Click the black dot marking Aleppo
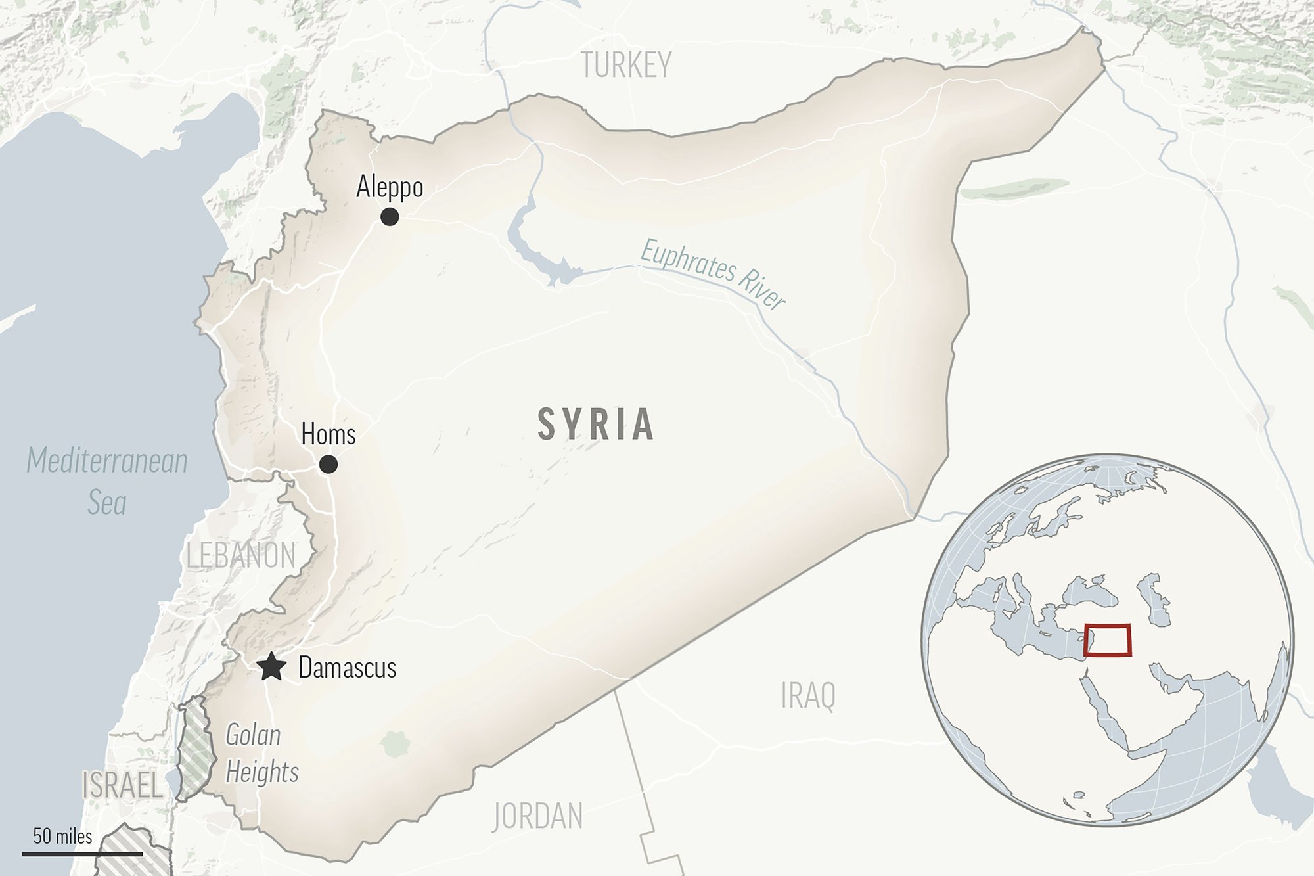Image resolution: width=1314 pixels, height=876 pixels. pyautogui.click(x=390, y=216)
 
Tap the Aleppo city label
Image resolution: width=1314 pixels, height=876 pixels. pyautogui.click(x=390, y=187)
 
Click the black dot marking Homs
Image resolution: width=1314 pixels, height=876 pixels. pyautogui.click(x=328, y=465)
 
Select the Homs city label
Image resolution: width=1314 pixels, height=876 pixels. pyautogui.click(x=328, y=434)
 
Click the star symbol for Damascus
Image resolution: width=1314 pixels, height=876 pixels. pyautogui.click(x=271, y=667)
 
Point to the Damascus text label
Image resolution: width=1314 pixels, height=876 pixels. pyautogui.click(x=348, y=668)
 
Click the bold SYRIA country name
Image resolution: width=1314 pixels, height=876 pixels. pyautogui.click(x=596, y=424)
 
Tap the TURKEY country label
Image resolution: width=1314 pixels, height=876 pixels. pyautogui.click(x=626, y=65)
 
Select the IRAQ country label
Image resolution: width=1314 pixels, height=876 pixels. pyautogui.click(x=808, y=696)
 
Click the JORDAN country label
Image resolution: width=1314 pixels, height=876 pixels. pyautogui.click(x=537, y=816)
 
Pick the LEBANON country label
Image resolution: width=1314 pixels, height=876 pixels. pyautogui.click(x=241, y=556)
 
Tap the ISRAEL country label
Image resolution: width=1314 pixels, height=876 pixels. pyautogui.click(x=122, y=785)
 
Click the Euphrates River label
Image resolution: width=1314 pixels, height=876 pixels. pyautogui.click(x=713, y=273)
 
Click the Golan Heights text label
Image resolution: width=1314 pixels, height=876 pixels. pyautogui.click(x=261, y=753)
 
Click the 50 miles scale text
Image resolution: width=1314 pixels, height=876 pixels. pyautogui.click(x=63, y=836)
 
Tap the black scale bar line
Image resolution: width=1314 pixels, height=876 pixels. pyautogui.click(x=82, y=854)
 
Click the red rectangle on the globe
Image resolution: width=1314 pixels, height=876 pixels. pyautogui.click(x=1108, y=640)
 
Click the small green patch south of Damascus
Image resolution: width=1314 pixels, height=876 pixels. pyautogui.click(x=396, y=744)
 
